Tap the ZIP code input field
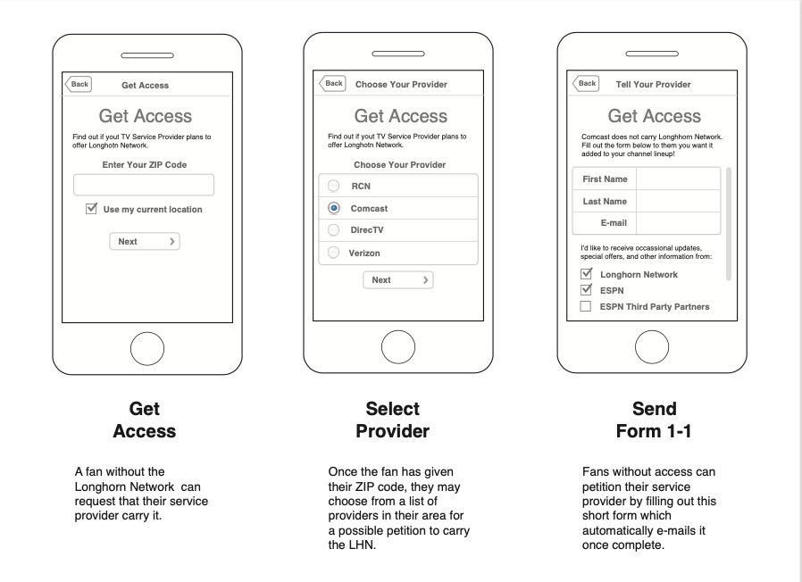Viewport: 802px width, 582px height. click(x=144, y=185)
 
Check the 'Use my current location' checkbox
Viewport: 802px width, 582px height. click(x=91, y=209)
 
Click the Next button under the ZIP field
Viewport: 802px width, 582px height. click(x=145, y=241)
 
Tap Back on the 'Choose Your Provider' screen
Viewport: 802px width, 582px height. click(x=333, y=83)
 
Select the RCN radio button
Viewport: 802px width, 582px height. click(x=334, y=186)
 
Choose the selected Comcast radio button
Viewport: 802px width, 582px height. click(x=334, y=208)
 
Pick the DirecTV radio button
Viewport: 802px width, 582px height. click(x=334, y=230)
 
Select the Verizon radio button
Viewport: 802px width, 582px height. click(x=334, y=253)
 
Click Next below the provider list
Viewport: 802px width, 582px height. click(x=397, y=279)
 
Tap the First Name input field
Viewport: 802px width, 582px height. click(x=678, y=179)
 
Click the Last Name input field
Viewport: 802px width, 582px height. click(x=678, y=201)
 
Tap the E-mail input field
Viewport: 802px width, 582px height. click(x=678, y=222)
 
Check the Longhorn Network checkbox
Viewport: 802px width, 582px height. click(x=587, y=274)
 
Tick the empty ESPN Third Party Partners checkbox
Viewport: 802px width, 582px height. click(x=587, y=306)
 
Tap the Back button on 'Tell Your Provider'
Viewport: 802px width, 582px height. click(x=586, y=83)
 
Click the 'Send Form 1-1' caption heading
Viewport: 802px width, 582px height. click(x=654, y=420)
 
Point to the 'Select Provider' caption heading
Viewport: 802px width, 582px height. click(x=392, y=420)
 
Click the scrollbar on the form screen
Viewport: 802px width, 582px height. click(x=729, y=223)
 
